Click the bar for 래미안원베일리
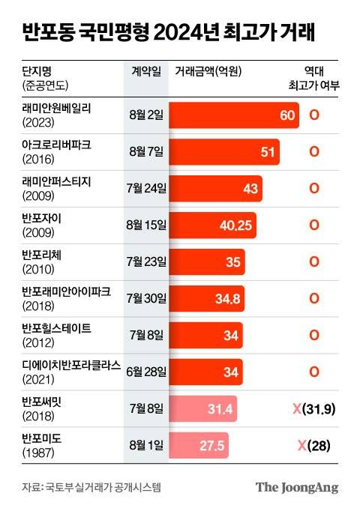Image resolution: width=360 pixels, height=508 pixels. tap(234, 115)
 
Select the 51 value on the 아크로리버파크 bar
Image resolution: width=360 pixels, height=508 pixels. tap(288, 151)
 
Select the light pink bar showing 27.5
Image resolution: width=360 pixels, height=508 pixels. tap(204, 446)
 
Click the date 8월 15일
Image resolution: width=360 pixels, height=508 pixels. tap(147, 225)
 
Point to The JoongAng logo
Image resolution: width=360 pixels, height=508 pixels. tap(297, 487)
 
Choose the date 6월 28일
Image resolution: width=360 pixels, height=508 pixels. tap(146, 372)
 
